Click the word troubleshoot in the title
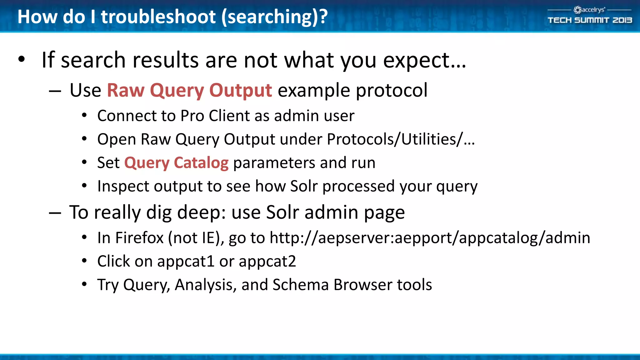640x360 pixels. [158, 17]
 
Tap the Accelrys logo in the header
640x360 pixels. [589, 10]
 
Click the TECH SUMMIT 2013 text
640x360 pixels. [590, 20]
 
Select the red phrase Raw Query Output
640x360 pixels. [189, 91]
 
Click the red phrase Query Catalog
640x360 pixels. [176, 163]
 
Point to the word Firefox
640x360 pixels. [139, 238]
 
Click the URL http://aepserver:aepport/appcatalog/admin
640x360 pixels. [430, 238]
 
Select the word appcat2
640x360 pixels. [267, 261]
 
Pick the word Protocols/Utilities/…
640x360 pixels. [401, 139]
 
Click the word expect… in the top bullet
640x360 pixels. [425, 60]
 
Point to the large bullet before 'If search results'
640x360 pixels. [21, 59]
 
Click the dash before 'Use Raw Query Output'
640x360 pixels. [55, 91]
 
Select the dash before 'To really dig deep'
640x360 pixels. [55, 213]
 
